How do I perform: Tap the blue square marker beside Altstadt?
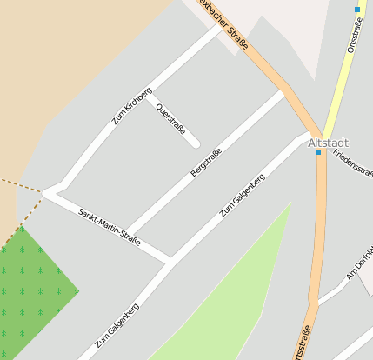point(318,152)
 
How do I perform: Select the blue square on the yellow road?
point(356,10)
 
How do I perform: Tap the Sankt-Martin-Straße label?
point(110,227)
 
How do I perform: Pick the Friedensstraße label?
point(353,162)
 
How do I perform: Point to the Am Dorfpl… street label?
point(359,263)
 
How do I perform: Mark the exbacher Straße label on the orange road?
point(234,25)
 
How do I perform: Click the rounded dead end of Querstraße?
point(196,143)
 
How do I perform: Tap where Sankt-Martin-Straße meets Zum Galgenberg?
point(170,259)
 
